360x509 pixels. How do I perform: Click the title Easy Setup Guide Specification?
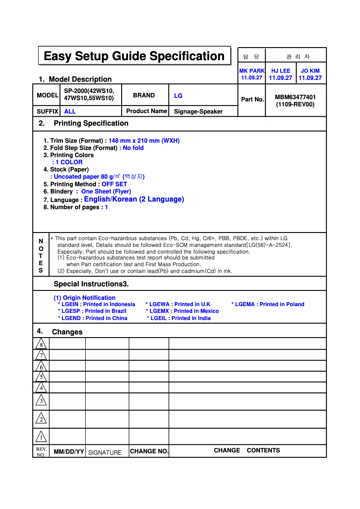click(x=134, y=56)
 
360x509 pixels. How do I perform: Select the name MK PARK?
click(x=252, y=71)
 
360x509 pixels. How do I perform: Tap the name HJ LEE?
click(x=281, y=71)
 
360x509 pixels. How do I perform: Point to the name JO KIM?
click(x=310, y=71)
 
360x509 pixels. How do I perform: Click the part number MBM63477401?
click(x=295, y=97)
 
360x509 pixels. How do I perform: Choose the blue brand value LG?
click(x=178, y=96)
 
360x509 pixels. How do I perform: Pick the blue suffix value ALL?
click(x=70, y=111)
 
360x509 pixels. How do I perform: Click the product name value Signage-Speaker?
click(x=198, y=111)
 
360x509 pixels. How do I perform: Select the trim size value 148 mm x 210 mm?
click(x=144, y=140)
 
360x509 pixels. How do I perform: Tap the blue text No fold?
click(x=133, y=148)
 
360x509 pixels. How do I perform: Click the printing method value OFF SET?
click(x=114, y=184)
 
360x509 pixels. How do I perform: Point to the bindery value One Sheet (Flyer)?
click(x=106, y=191)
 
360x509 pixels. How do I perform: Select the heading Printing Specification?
click(x=91, y=123)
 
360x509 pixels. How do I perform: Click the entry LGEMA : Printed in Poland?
click(x=268, y=304)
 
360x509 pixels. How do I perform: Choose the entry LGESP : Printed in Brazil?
click(x=92, y=311)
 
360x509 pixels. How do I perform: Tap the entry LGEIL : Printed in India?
click(x=179, y=318)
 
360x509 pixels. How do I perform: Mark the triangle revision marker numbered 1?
click(x=41, y=436)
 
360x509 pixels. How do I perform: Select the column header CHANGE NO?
click(x=149, y=451)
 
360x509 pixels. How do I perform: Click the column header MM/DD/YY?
click(x=69, y=452)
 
